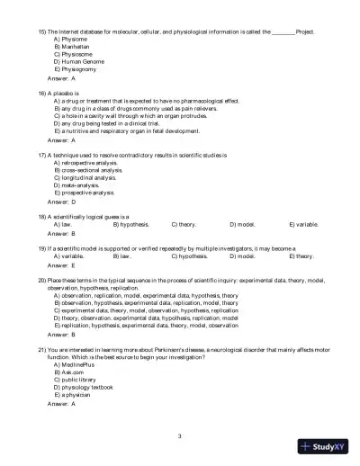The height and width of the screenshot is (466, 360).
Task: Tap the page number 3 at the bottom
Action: coord(180,435)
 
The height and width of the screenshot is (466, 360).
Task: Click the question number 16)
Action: coord(42,92)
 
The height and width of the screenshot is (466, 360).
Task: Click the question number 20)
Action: coord(42,281)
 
